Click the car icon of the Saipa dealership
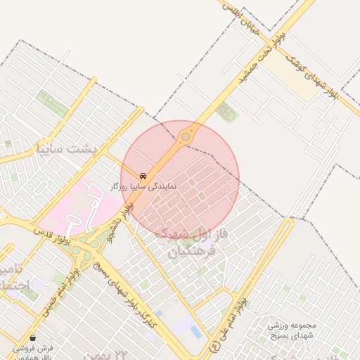143,175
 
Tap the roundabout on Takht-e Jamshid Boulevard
186,136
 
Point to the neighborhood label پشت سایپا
68,149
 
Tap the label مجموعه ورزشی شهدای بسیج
293,330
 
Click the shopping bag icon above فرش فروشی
33,337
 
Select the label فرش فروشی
33,349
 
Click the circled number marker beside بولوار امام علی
214,346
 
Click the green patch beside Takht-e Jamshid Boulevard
226,111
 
